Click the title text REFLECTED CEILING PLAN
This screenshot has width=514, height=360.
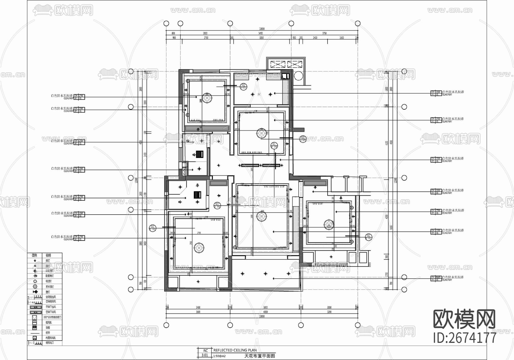coord(235,350)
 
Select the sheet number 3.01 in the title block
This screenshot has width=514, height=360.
coord(205,355)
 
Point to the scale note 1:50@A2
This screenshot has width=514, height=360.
coord(219,356)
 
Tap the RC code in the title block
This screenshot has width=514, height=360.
coord(205,351)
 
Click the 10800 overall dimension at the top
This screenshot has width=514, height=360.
coord(262,29)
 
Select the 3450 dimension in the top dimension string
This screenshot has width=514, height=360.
coord(260,33)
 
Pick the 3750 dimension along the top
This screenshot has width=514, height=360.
coord(324,33)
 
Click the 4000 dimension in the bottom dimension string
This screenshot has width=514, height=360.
coord(266,312)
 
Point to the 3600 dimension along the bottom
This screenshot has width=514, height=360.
coord(198,312)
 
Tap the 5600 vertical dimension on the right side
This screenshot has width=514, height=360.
coord(391,227)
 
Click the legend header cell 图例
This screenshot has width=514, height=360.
coord(34,255)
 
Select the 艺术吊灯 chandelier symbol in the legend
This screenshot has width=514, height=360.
coord(35,286)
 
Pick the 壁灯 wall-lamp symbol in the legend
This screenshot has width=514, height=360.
coord(35,292)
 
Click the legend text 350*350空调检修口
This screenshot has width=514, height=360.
coord(52,317)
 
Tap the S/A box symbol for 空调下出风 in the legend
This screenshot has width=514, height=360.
coord(35,307)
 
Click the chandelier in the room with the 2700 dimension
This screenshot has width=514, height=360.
coord(199,247)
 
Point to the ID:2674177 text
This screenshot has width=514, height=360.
coord(465,337)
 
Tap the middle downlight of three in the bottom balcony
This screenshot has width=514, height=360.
coord(266,273)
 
